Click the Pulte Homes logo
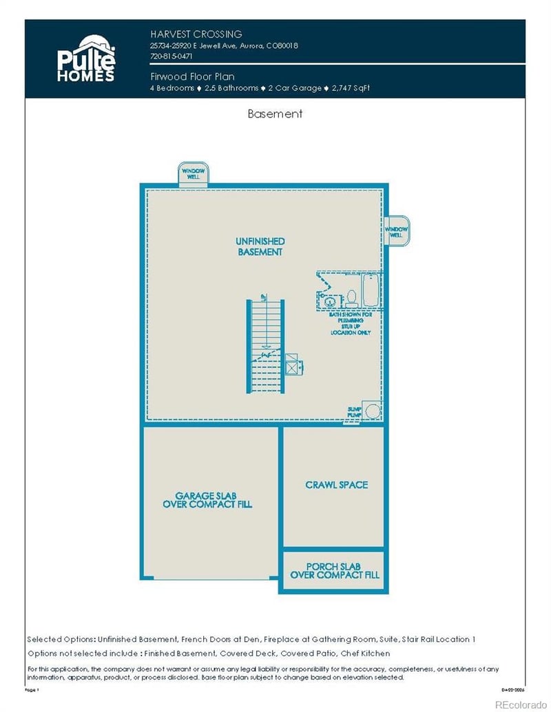86,58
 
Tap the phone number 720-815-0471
171,56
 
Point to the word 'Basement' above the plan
275,114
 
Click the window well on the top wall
194,174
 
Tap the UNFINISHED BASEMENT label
260,246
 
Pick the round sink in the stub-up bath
329,301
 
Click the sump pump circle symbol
372,411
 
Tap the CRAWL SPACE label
337,485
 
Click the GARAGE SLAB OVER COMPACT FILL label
207,499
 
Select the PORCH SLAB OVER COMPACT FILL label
335,570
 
